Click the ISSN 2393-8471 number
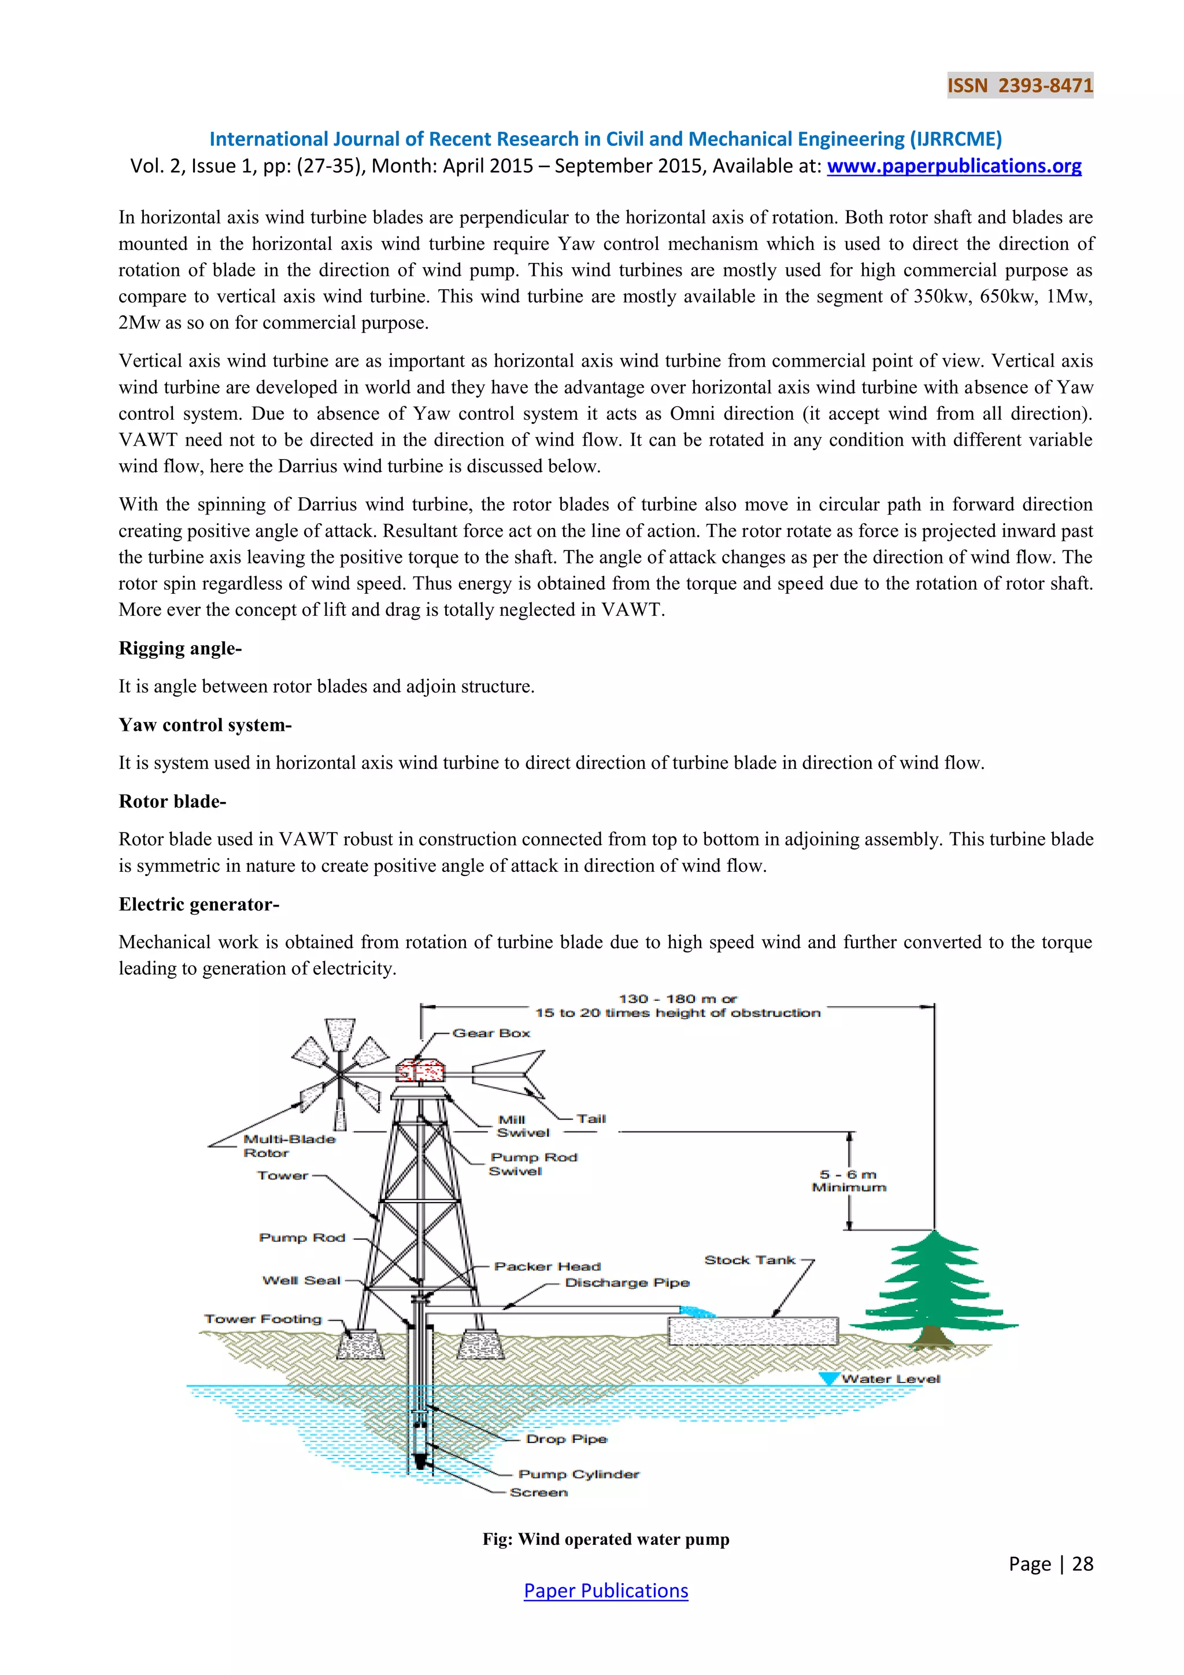click(x=1019, y=86)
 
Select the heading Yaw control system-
click(x=205, y=724)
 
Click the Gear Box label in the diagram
click(x=491, y=1033)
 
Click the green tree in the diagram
click(x=933, y=1287)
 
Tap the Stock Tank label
click(x=749, y=1260)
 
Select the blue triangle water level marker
click(x=828, y=1378)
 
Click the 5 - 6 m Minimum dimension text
click(x=849, y=1181)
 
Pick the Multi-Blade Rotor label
click(x=289, y=1145)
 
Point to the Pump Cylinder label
click(x=579, y=1474)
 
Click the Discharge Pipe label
click(x=627, y=1282)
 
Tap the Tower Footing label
click(x=262, y=1318)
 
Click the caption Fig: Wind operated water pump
click(x=605, y=1539)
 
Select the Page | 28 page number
click(x=1050, y=1563)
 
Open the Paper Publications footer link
click(x=605, y=1591)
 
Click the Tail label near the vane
click(x=591, y=1118)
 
